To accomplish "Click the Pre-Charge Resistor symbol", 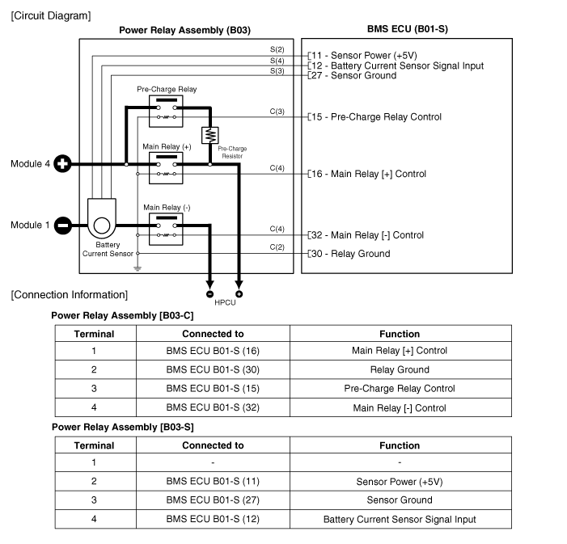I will pyautogui.click(x=209, y=134).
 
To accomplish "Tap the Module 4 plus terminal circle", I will pyautogui.click(x=62, y=164).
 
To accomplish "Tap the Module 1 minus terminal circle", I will pyautogui.click(x=62, y=226).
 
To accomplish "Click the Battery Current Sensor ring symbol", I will pyautogui.click(x=103, y=226).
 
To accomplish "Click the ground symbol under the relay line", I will pyautogui.click(x=138, y=268).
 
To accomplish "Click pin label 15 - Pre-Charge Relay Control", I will pyautogui.click(x=377, y=117).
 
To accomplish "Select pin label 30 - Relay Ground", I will pyautogui.click(x=351, y=254).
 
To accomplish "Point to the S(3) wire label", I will pyautogui.click(x=277, y=71).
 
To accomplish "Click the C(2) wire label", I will pyautogui.click(x=277, y=247).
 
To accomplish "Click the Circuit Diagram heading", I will pyautogui.click(x=51, y=15).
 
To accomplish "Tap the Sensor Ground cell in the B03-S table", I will pyautogui.click(x=400, y=500).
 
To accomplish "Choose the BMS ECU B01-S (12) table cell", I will pyautogui.click(x=213, y=519).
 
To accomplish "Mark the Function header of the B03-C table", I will pyautogui.click(x=400, y=334).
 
